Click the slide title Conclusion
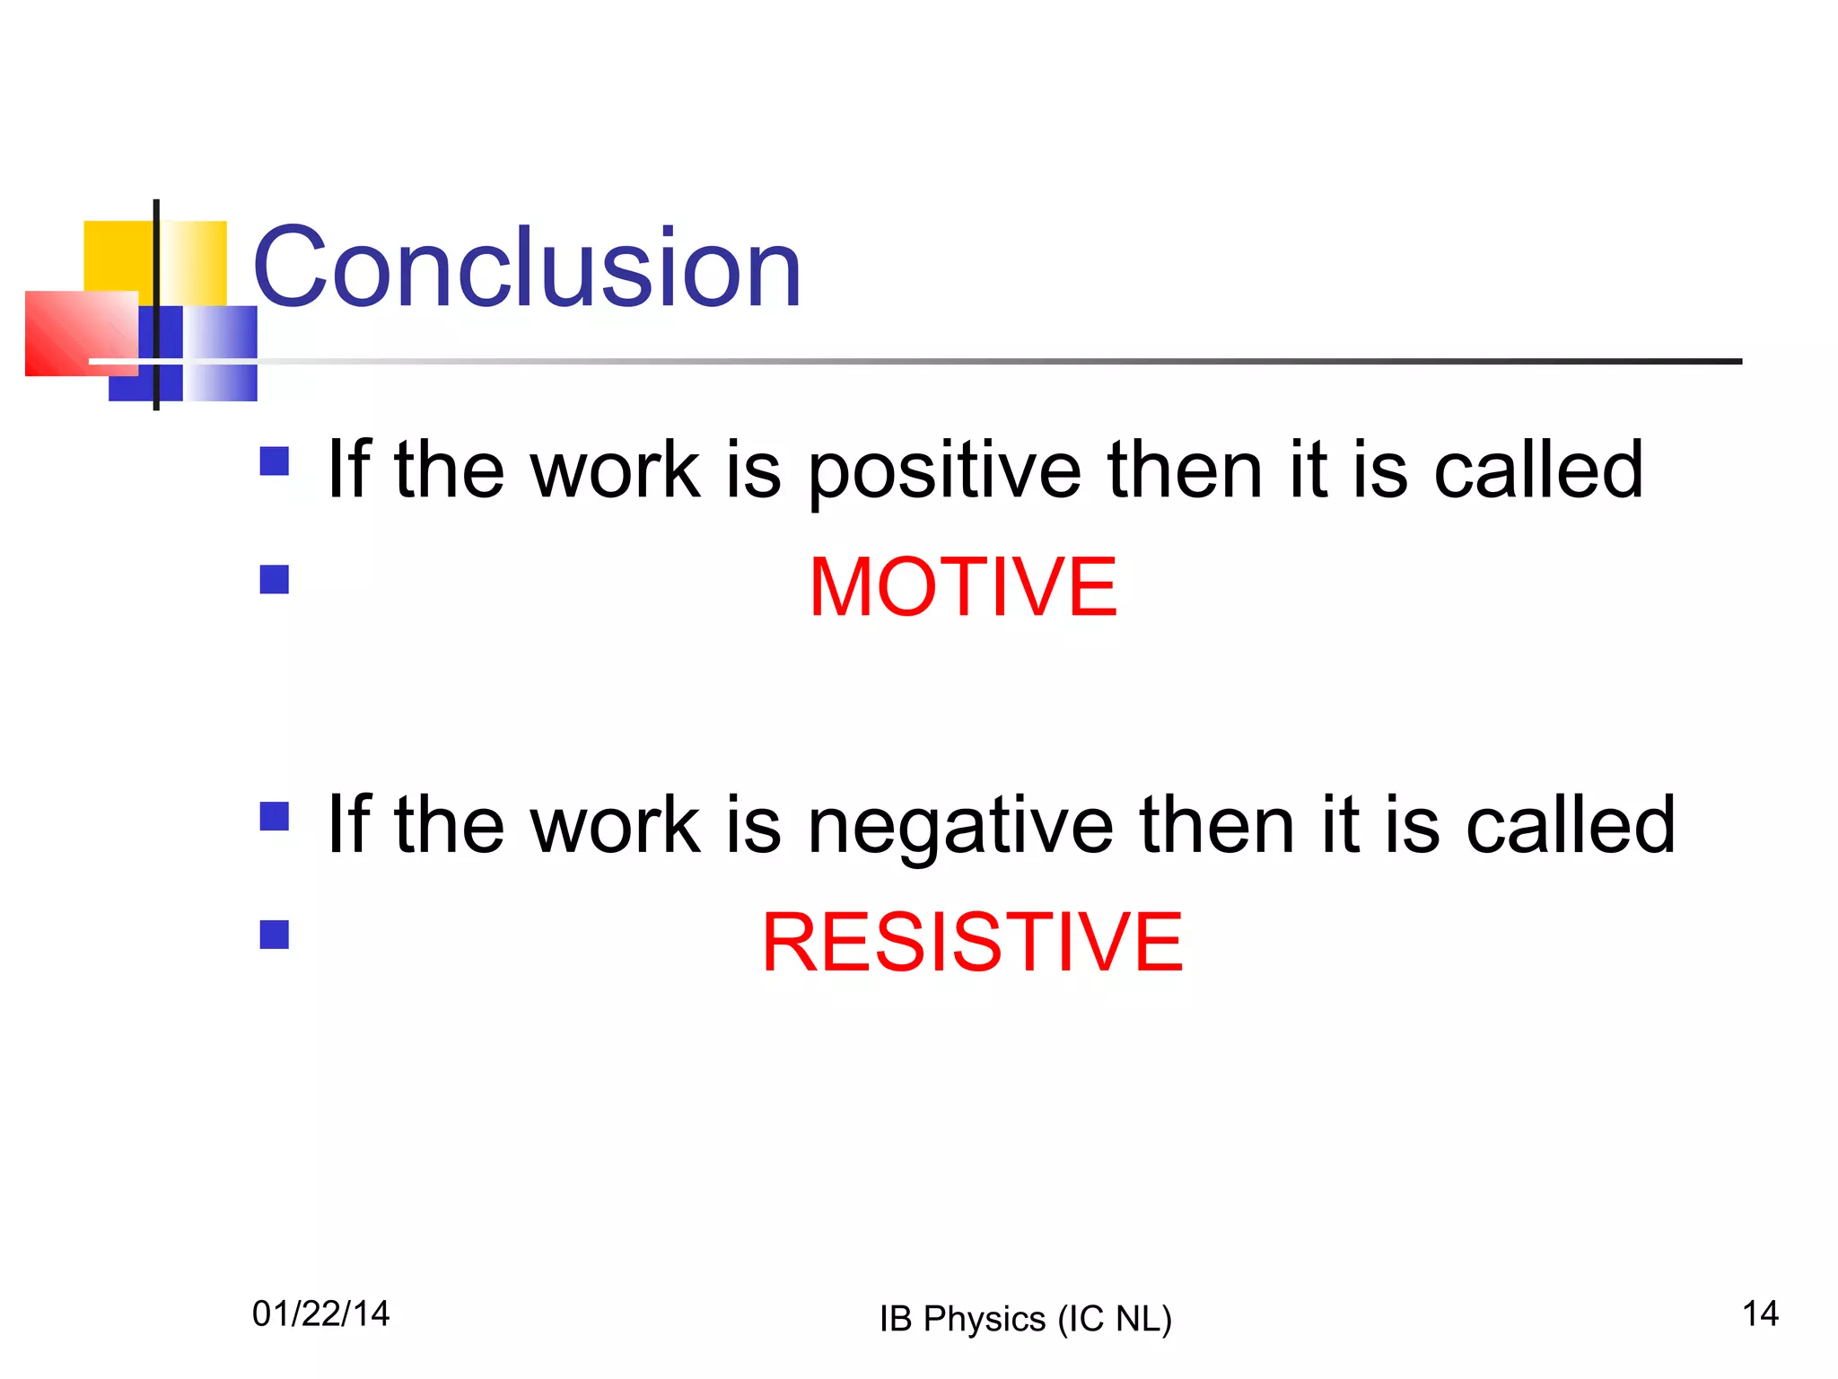[x=527, y=268]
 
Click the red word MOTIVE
[x=963, y=587]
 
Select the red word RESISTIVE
[x=972, y=942]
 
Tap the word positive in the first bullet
[x=944, y=471]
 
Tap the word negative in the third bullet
[x=960, y=826]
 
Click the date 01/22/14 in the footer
[x=320, y=1313]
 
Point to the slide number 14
[x=1760, y=1313]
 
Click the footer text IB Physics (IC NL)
[x=1025, y=1319]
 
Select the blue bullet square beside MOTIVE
[x=274, y=579]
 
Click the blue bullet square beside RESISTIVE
[x=274, y=935]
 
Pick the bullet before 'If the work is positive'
[x=274, y=461]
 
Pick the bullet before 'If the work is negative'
[x=274, y=817]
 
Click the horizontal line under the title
[x=987, y=362]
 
